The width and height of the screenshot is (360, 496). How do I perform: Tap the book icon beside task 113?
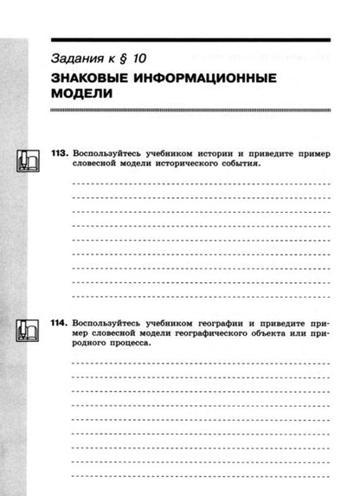[29, 160]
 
